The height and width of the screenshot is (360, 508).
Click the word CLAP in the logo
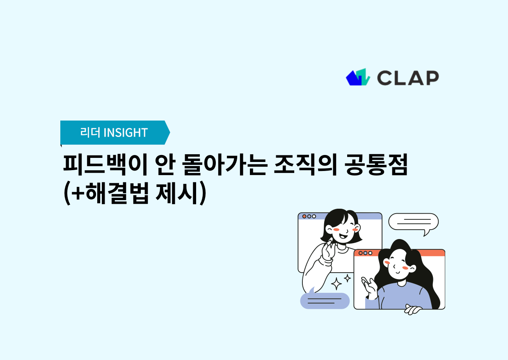click(x=408, y=77)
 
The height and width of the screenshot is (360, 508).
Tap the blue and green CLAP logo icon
click(x=358, y=77)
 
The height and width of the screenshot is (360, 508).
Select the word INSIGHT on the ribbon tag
click(x=126, y=132)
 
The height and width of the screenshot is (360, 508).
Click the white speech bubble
click(x=413, y=222)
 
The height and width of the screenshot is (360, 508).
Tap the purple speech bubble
click(x=325, y=301)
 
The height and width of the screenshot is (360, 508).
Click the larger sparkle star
click(x=336, y=283)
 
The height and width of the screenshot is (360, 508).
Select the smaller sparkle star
click(x=348, y=278)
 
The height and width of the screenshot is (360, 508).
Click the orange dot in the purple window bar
click(x=304, y=216)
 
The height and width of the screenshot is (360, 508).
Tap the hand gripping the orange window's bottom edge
click(x=413, y=310)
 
